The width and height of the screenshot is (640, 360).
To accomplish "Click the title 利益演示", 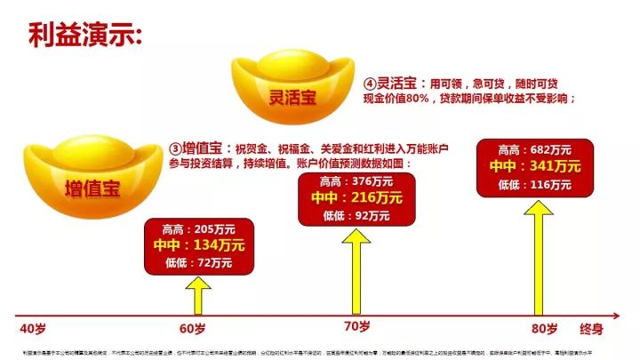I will (x=84, y=36).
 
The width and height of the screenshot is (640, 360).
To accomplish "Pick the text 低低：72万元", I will (x=198, y=262).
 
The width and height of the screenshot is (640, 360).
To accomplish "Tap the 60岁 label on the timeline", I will (x=192, y=329).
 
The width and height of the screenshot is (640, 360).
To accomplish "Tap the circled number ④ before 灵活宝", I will (x=370, y=83).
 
